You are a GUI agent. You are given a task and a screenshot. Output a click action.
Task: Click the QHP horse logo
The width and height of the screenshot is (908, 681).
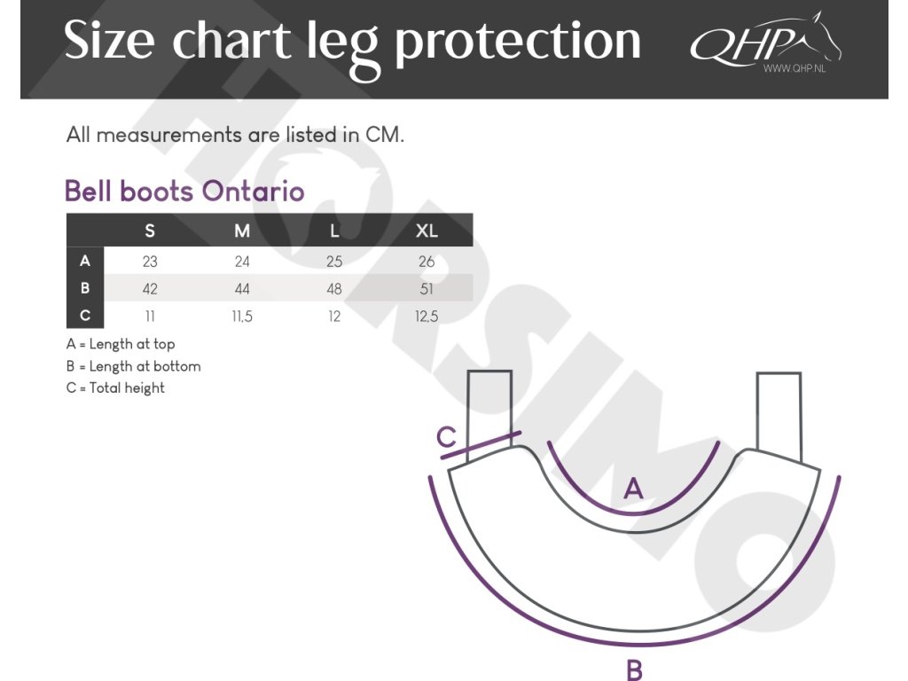click(765, 42)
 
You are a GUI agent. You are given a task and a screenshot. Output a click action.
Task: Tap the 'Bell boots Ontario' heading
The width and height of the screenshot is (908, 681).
click(184, 192)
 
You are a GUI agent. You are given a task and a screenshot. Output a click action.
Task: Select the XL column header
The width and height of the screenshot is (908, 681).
click(427, 231)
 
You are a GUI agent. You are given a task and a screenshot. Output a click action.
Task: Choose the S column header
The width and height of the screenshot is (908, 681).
click(150, 231)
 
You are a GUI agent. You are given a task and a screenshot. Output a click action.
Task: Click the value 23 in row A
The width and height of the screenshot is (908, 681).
click(150, 262)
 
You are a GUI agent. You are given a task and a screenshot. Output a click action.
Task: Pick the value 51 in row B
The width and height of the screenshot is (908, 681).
click(427, 288)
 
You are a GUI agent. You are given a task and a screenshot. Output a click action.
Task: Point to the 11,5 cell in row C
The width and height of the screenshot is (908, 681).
click(242, 317)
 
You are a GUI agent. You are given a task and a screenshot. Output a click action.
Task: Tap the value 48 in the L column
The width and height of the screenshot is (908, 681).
click(334, 288)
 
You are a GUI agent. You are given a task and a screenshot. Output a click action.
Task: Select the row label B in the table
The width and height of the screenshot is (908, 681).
click(85, 288)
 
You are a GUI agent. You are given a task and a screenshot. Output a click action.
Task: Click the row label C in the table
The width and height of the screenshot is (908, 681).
click(85, 315)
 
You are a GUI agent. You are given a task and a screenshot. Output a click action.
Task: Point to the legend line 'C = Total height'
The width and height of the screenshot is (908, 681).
click(115, 388)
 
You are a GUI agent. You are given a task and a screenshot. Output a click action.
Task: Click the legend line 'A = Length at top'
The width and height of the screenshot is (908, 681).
click(121, 344)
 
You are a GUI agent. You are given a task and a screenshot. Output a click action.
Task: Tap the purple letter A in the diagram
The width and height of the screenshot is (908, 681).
click(633, 489)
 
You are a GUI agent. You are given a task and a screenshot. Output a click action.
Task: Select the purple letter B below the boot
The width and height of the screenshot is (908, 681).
click(635, 670)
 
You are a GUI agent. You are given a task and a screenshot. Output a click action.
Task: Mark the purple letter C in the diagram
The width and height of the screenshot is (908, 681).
click(447, 437)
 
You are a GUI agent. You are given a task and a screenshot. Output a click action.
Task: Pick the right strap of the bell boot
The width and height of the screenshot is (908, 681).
click(779, 417)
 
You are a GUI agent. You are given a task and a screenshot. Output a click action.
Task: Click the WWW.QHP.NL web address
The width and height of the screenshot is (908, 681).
click(794, 68)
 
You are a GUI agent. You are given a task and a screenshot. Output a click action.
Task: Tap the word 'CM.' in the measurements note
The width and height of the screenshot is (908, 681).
click(385, 135)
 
